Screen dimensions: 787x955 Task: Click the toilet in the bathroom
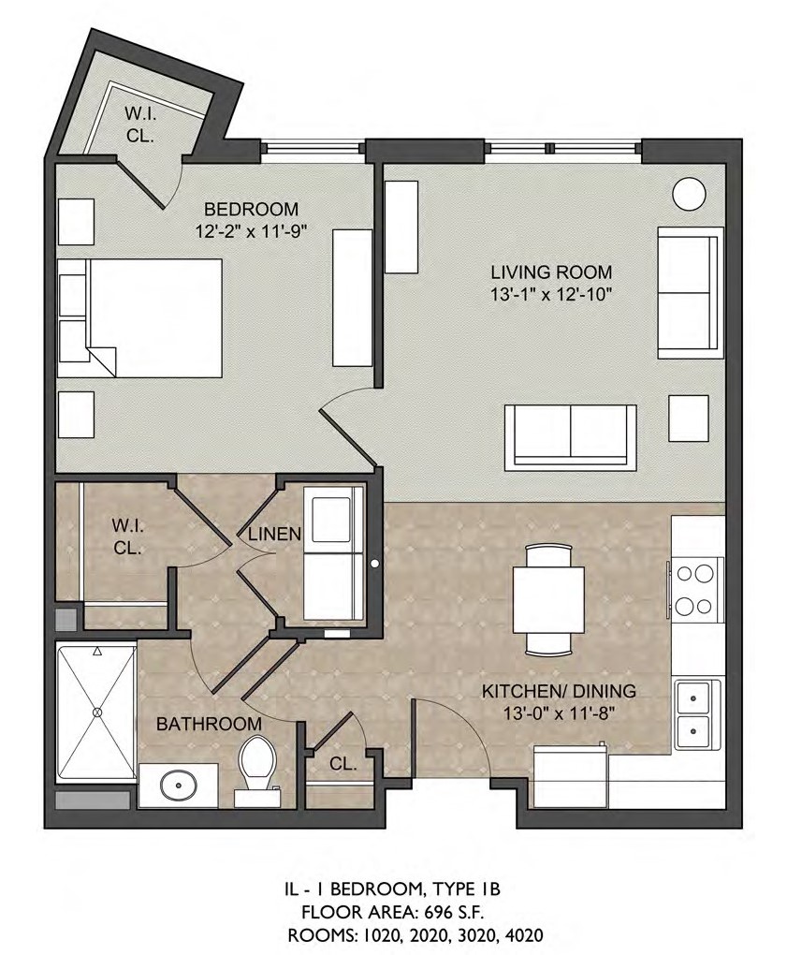coord(257,770)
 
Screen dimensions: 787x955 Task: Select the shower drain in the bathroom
coord(96,712)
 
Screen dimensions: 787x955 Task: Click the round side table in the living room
coord(689,195)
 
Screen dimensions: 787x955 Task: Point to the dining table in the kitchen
coord(549,600)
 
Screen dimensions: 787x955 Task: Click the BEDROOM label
coord(251,210)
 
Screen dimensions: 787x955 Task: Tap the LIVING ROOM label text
coord(551,272)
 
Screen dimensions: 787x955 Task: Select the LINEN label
coord(274,534)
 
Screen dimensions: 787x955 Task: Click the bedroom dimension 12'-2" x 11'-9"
coord(250,231)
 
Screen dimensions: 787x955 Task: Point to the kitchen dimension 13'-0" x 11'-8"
coord(559,713)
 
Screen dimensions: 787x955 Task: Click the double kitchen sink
coord(693,713)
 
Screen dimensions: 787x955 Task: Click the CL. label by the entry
coord(342,764)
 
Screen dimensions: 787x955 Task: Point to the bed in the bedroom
coord(140,318)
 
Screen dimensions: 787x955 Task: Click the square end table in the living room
coord(689,419)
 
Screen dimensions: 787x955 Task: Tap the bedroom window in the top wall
coord(313,148)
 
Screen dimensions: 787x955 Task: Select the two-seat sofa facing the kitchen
coord(570,437)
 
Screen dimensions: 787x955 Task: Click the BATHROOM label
coord(209,724)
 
